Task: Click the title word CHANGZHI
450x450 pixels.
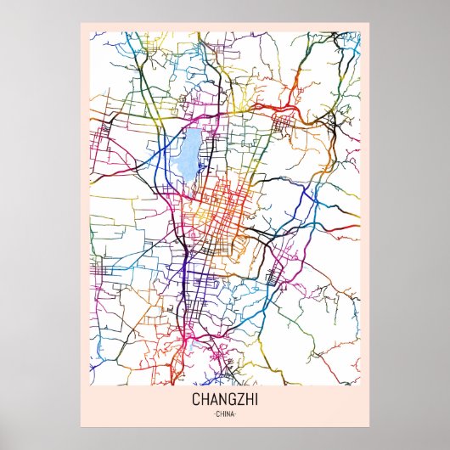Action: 225,400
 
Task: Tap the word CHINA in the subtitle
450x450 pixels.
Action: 225,414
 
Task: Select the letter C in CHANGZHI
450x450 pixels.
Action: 197,400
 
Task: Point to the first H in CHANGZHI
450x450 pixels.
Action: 205,400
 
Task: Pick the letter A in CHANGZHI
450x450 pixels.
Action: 214,400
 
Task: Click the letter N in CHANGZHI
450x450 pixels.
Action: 222,400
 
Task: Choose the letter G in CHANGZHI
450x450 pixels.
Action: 231,400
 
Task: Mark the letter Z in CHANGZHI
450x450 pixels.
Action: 239,400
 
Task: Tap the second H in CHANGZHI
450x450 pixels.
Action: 247,400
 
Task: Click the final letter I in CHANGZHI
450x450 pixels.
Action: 254,400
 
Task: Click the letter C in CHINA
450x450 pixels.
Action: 217,414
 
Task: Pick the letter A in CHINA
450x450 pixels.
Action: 233,414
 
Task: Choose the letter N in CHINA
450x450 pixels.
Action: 228,414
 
